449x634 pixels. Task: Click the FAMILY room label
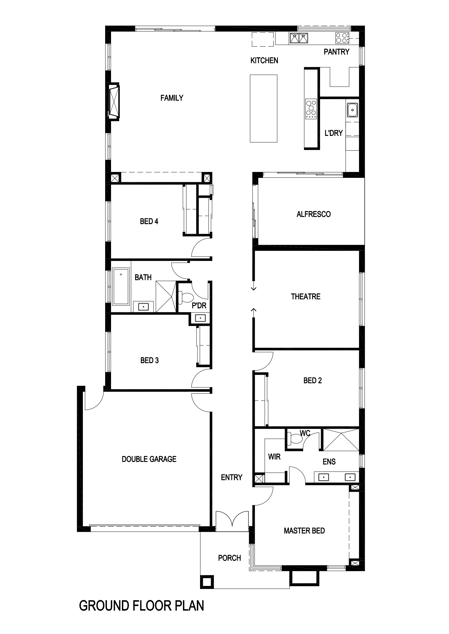click(x=172, y=98)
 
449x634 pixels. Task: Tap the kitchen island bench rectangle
click(x=264, y=109)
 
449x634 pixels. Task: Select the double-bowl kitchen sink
click(x=299, y=38)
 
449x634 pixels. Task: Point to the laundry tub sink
click(x=352, y=110)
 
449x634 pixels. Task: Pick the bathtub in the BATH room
click(x=121, y=286)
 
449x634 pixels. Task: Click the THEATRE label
click(x=305, y=297)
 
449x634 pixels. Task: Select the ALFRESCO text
click(x=313, y=214)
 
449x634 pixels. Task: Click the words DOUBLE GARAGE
click(x=149, y=459)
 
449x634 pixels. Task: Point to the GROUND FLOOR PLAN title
click(x=141, y=606)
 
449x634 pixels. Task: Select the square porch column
click(x=207, y=582)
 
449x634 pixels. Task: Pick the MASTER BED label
click(x=304, y=531)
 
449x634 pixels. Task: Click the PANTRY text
click(x=336, y=52)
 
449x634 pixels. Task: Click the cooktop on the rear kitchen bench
click(x=342, y=38)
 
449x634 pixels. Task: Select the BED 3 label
click(x=150, y=360)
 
